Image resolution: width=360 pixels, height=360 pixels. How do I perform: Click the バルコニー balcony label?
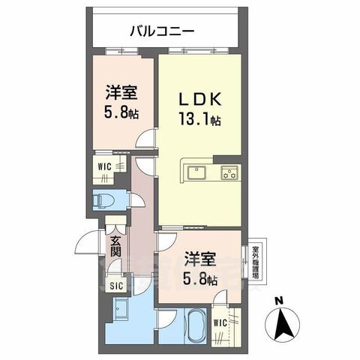162,31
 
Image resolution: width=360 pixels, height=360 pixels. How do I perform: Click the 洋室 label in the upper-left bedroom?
120,94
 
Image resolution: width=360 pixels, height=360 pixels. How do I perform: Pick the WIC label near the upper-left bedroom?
104,166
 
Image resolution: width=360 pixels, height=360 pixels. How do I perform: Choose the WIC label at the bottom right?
220,323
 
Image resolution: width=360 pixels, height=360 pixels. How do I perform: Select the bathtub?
196,324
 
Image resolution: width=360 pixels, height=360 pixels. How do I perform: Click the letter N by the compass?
279,301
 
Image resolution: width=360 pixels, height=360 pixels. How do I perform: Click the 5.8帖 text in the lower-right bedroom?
201,279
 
